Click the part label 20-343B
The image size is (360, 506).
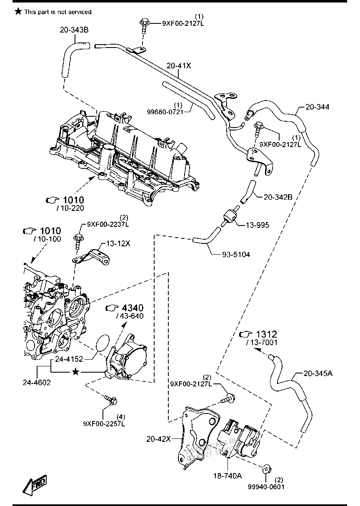[x=74, y=30]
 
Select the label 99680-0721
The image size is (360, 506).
[x=165, y=112]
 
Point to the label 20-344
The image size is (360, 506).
[x=317, y=107]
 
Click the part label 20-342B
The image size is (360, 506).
[x=278, y=197]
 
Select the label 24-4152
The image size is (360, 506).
[x=68, y=359]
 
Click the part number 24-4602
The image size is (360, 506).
[x=37, y=382]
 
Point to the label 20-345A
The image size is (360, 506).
[x=318, y=373]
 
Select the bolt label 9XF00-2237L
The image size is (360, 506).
[x=108, y=224]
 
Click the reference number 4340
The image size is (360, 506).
[x=132, y=308]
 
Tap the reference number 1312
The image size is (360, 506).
[x=266, y=334]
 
